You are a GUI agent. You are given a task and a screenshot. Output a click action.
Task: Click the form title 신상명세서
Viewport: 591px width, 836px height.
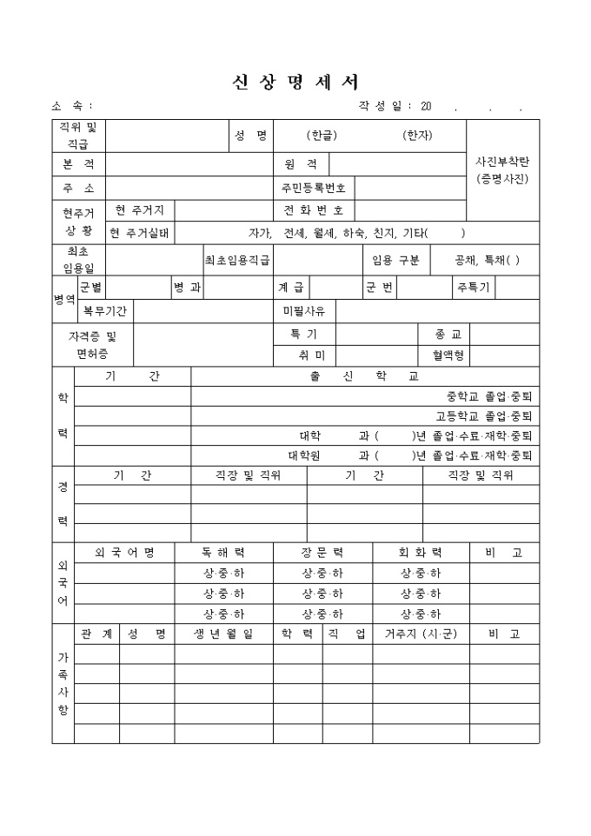coord(295,82)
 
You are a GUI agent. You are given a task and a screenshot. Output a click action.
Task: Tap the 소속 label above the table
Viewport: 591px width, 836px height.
coord(71,106)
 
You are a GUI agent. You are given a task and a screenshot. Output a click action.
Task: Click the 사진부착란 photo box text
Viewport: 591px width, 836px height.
coord(502,170)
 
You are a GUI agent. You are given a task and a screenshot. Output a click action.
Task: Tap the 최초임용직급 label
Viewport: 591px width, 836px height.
coord(237,260)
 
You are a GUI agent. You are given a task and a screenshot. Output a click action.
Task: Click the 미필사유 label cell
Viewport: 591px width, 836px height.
coord(304,310)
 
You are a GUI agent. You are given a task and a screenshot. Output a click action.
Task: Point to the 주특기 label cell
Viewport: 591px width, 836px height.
coord(473,287)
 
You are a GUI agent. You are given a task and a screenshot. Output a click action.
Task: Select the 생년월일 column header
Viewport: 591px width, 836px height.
coord(223,634)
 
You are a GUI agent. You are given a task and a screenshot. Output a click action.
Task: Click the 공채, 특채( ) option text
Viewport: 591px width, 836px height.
coord(488,260)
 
